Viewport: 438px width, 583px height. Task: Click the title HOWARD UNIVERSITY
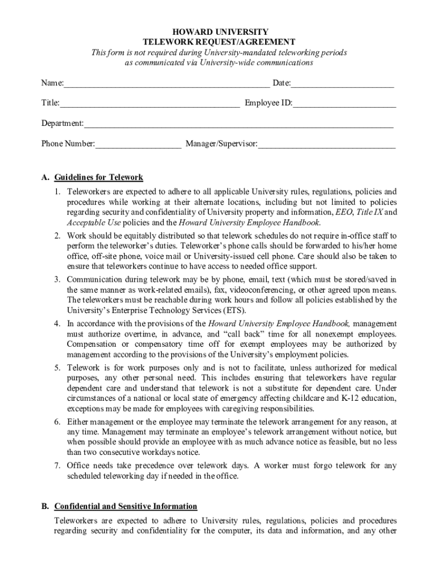coord(218,32)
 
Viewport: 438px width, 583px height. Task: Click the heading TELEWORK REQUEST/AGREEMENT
coord(218,42)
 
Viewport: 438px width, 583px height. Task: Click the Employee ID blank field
coord(344,104)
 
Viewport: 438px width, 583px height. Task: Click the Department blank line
coord(238,124)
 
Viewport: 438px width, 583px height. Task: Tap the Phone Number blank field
coord(138,144)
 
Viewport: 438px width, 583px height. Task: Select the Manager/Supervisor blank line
coord(327,144)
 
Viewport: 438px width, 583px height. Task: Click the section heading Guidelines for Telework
coord(98,178)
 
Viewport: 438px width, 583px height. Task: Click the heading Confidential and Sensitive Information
coord(126,506)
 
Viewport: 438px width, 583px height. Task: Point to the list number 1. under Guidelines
coord(57,192)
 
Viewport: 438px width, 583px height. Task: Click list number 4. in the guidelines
coord(57,323)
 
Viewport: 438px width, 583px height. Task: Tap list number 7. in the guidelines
coord(57,466)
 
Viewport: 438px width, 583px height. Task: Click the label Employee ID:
coord(268,104)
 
